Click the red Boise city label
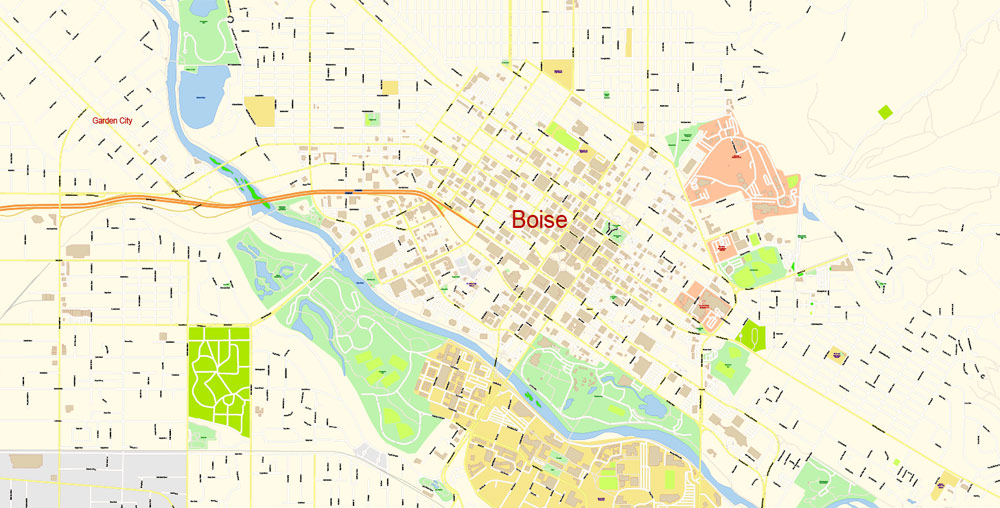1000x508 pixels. pyautogui.click(x=539, y=220)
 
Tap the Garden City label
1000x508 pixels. pyautogui.click(x=112, y=121)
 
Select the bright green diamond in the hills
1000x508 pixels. pyautogui.click(x=884, y=112)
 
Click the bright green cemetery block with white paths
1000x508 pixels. pyautogui.click(x=219, y=378)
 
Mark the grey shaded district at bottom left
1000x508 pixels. pyautogui.click(x=90, y=480)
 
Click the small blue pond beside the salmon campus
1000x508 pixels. pyautogui.click(x=810, y=211)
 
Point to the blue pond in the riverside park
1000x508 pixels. pyautogui.click(x=652, y=405)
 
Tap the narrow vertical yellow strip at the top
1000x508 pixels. pyautogui.click(x=629, y=42)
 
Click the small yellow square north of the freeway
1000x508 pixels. pyautogui.click(x=390, y=87)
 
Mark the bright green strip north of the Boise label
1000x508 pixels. pyautogui.click(x=563, y=137)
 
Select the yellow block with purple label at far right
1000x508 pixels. pyautogui.click(x=837, y=355)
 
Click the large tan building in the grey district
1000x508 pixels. pyautogui.click(x=26, y=461)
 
